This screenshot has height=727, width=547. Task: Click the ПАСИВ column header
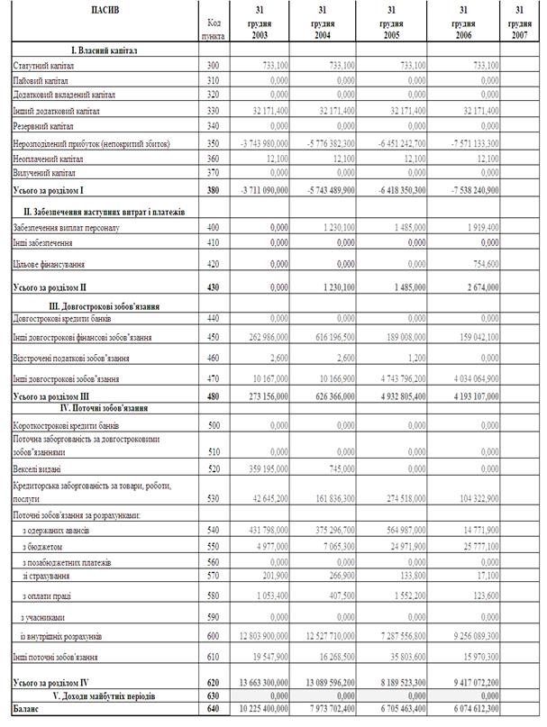(x=102, y=10)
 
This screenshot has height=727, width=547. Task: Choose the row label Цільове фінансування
(x=48, y=265)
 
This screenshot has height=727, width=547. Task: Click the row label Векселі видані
(x=39, y=469)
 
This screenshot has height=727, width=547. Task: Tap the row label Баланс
(x=27, y=710)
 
